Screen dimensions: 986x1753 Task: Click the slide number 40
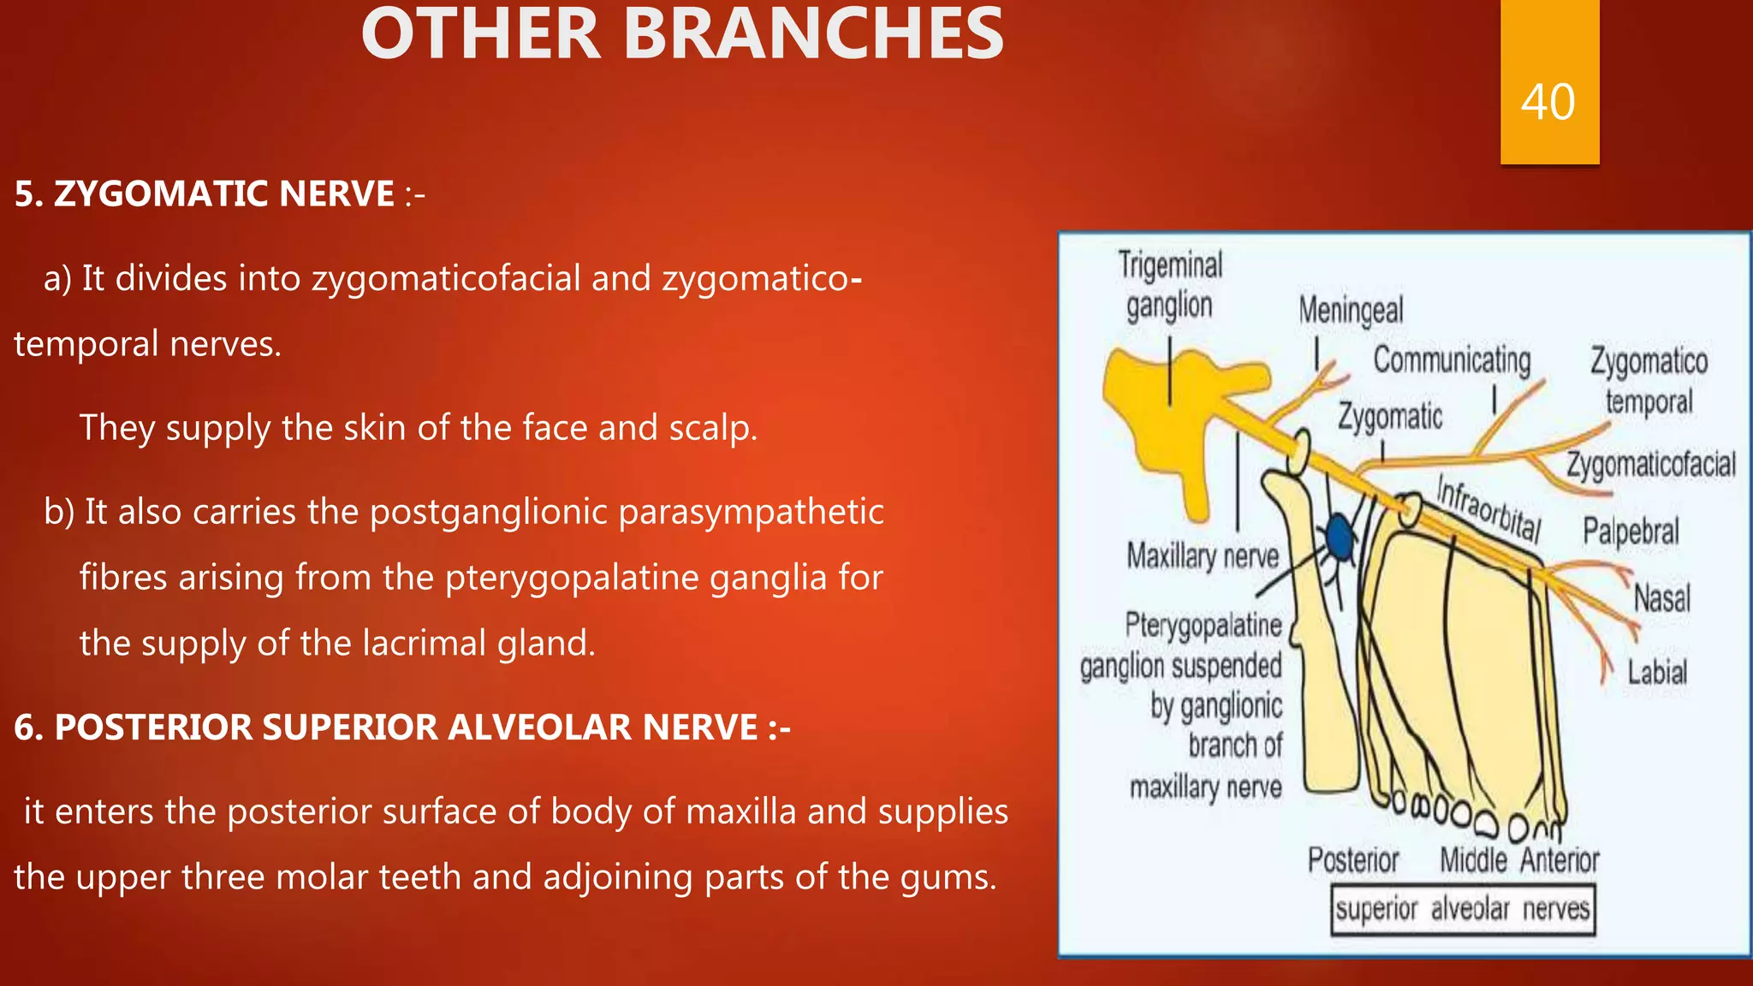pos(1548,103)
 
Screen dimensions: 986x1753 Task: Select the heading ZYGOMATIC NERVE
pos(205,193)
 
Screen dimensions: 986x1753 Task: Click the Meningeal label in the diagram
pos(1351,311)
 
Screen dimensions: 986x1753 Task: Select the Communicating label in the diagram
pos(1452,360)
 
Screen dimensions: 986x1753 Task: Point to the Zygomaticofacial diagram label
pos(1650,465)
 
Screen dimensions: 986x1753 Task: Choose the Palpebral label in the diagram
pos(1630,532)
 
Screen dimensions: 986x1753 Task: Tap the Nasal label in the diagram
pos(1661,597)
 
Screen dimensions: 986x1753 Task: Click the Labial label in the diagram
pos(1657,672)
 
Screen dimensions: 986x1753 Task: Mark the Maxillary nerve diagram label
pos(1202,556)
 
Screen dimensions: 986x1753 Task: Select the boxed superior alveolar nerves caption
pos(1463,909)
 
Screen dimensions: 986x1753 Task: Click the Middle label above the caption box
pos(1472,860)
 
